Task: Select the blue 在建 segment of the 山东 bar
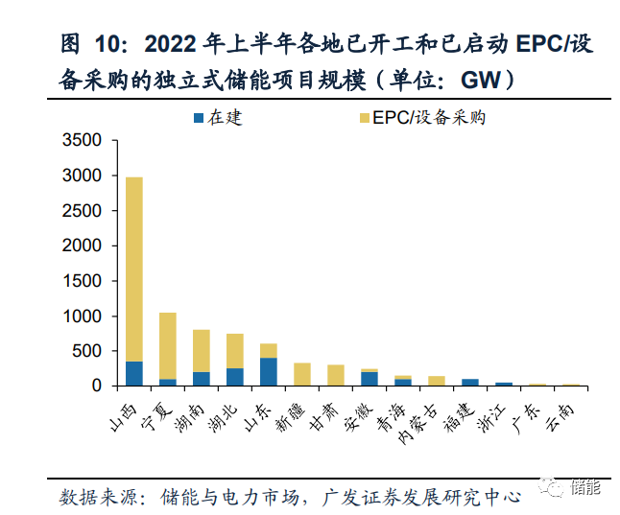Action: click(x=268, y=371)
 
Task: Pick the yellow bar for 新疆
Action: click(x=301, y=374)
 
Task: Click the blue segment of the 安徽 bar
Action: click(x=369, y=379)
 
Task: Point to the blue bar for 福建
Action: click(x=469, y=382)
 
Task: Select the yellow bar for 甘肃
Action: click(x=335, y=375)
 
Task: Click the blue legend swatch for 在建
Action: click(x=199, y=119)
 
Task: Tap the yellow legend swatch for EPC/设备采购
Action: click(x=364, y=119)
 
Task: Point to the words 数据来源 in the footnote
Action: click(x=94, y=497)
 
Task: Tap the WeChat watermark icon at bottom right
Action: click(x=554, y=489)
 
